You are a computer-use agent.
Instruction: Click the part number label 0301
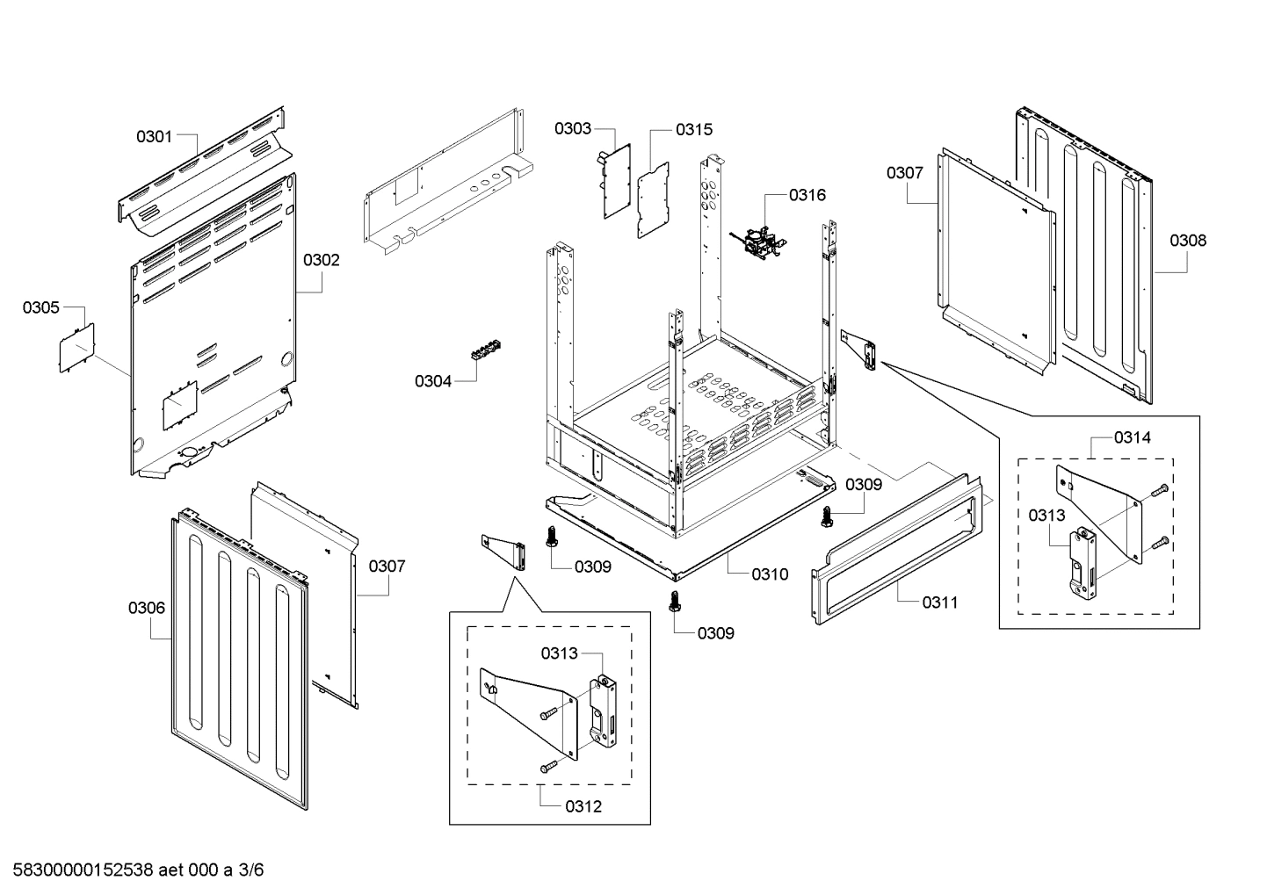click(154, 136)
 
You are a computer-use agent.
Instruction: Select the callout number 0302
click(321, 260)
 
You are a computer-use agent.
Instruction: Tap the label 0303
click(572, 129)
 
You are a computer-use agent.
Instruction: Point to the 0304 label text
click(432, 381)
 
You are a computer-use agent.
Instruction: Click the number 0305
click(41, 307)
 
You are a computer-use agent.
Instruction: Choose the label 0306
click(146, 608)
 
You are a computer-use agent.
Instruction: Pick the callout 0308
click(1188, 240)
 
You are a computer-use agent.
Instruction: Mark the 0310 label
click(770, 574)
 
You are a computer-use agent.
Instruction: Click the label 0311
click(939, 603)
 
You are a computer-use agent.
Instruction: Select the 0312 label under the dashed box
click(583, 806)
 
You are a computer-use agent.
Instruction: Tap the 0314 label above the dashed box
click(1133, 437)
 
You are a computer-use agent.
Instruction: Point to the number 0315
click(694, 130)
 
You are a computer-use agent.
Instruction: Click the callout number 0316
click(807, 195)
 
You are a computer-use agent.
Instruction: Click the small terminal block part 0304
click(484, 350)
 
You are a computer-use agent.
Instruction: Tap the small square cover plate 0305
click(76, 348)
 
